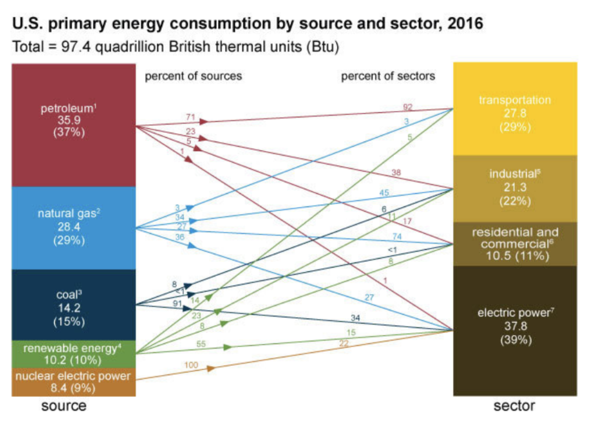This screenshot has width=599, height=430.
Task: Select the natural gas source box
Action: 73,228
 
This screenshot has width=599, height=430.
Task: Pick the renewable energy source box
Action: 73,354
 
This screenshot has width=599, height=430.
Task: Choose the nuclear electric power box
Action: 73,382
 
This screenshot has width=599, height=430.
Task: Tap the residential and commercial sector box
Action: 515,244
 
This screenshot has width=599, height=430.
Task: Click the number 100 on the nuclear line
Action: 191,365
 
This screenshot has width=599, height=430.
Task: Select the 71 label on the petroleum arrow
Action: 190,117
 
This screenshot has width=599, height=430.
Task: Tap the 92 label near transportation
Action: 408,107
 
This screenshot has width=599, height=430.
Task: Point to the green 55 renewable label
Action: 201,344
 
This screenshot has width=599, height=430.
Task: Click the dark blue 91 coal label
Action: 177,303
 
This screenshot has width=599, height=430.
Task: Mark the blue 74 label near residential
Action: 397,236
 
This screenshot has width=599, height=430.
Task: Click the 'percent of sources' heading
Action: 193,76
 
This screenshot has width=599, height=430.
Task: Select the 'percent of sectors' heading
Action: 388,76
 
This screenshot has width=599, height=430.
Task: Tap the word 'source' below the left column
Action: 64,406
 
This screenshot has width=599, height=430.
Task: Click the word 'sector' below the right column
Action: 514,406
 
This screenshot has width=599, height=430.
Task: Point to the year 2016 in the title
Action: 465,24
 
